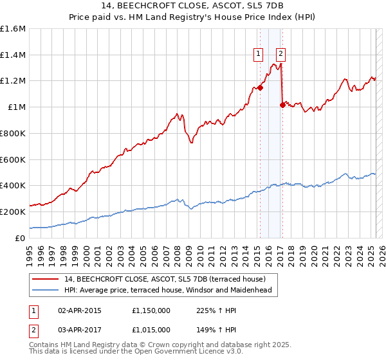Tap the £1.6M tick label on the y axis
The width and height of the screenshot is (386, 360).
coord(13,29)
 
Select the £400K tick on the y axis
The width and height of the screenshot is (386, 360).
coord(13,186)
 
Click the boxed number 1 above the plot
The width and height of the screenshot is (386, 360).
coord(259,54)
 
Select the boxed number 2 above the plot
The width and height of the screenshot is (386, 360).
coord(281,54)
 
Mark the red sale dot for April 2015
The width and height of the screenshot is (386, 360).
coord(260,88)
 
